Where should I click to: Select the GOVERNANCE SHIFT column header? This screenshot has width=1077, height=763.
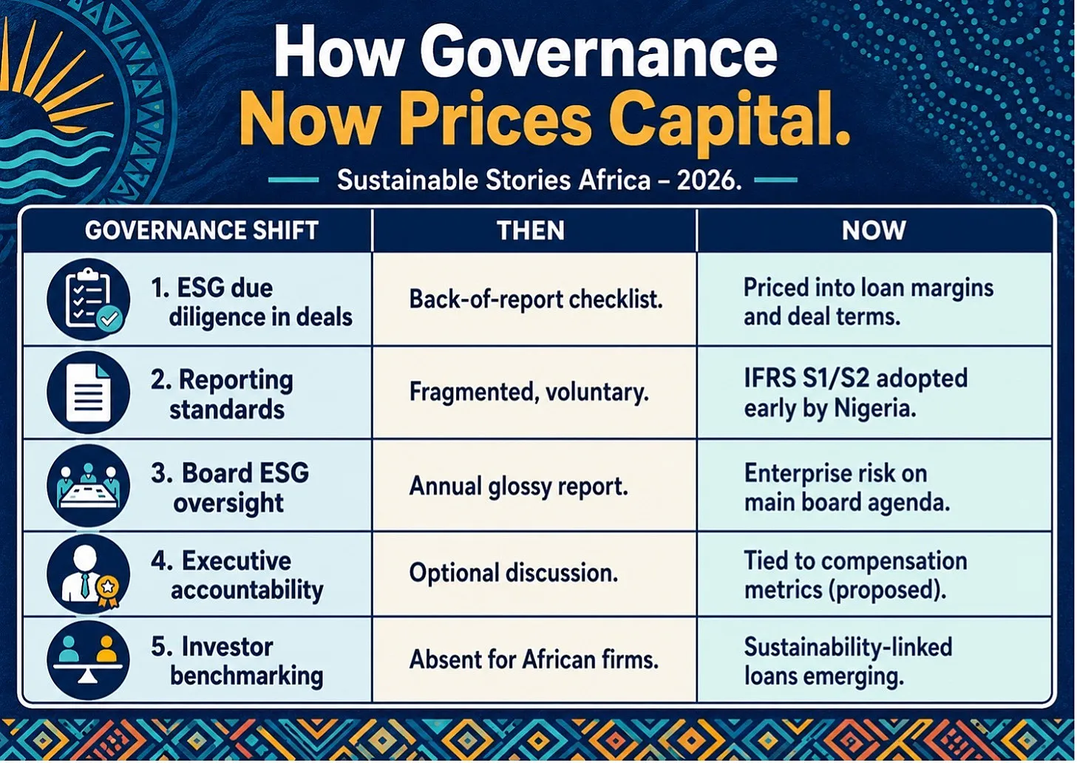(202, 230)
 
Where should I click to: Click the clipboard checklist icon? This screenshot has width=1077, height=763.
(89, 299)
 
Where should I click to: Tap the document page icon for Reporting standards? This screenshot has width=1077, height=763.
(89, 393)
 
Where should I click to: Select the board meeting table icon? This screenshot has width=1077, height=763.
(89, 485)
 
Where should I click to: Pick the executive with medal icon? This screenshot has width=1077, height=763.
(89, 574)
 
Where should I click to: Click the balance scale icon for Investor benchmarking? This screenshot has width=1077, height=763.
(89, 659)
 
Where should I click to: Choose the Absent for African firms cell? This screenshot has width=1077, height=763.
(534, 659)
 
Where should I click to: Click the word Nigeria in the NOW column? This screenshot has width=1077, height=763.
(874, 409)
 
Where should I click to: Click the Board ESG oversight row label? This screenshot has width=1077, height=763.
(230, 487)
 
